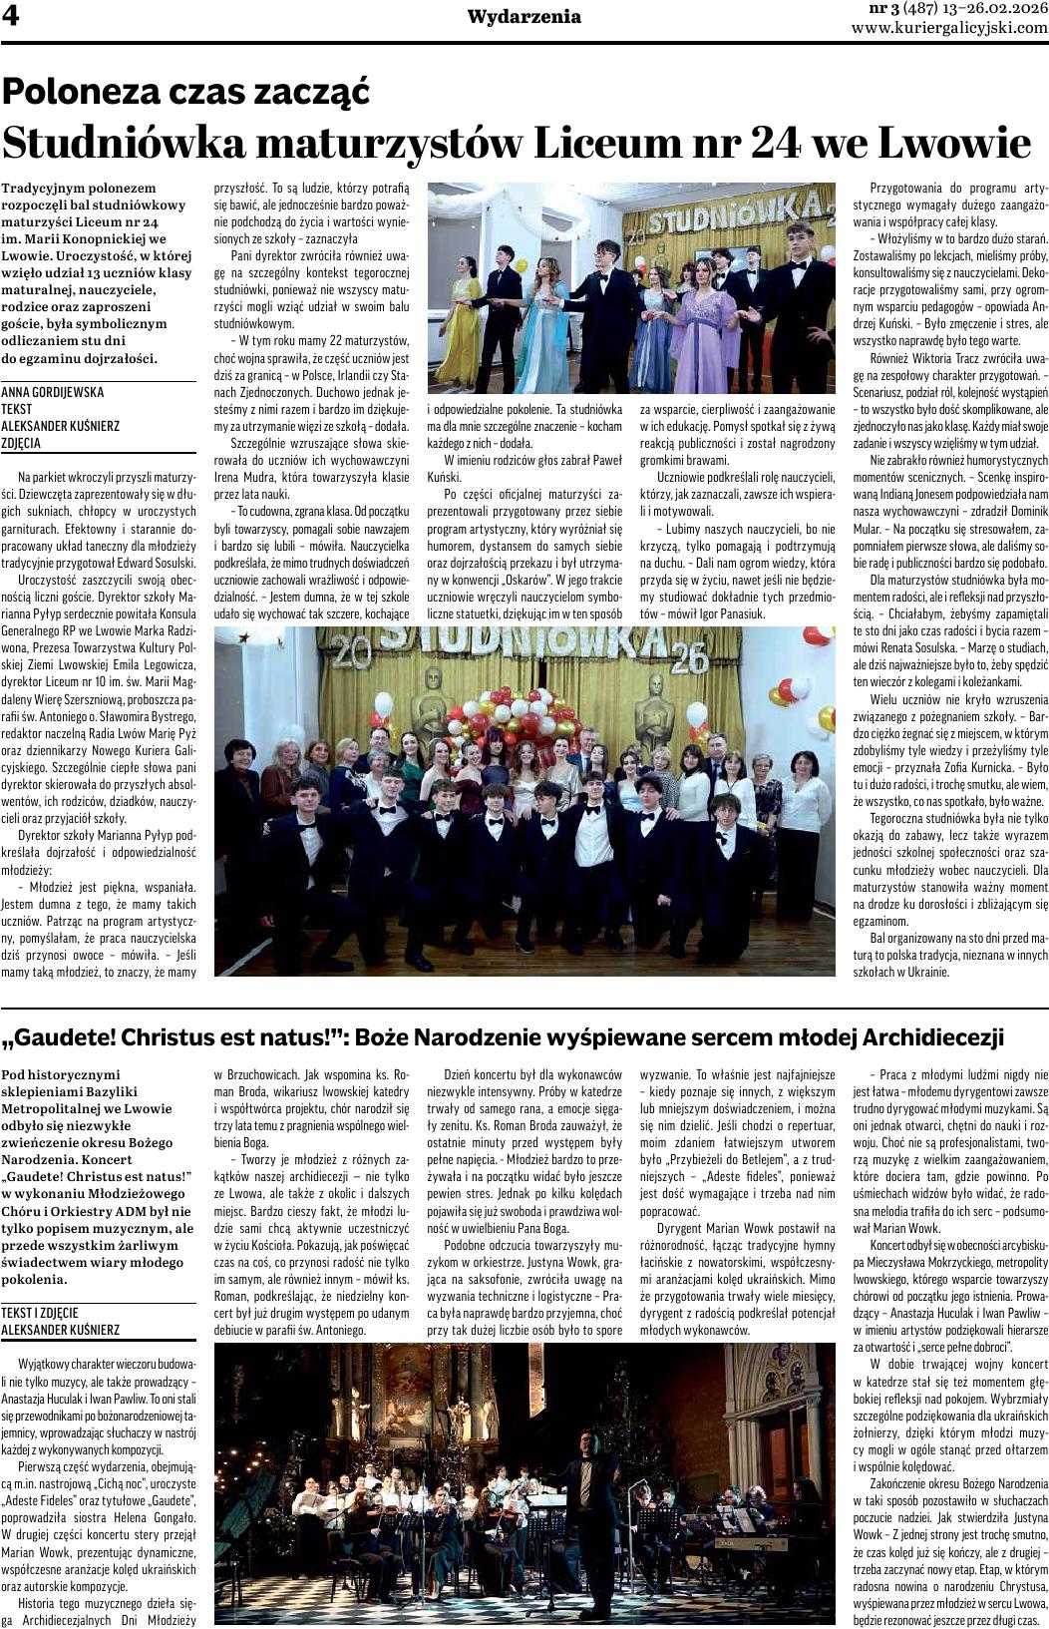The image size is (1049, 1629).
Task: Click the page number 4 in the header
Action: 11,17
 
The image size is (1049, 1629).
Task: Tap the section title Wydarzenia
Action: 524,17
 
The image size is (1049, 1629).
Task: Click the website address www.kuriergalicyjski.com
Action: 949,28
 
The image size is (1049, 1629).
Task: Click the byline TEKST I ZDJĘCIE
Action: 40,1313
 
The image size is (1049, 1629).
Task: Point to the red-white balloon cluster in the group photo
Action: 509,718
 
